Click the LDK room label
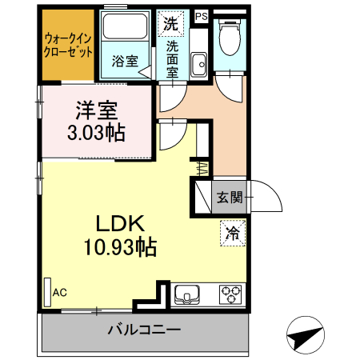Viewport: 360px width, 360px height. (120, 222)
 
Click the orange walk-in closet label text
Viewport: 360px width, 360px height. (68, 44)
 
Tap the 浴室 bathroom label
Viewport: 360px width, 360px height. (123, 61)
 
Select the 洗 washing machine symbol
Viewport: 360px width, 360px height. (171, 22)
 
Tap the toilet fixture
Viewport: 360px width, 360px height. (232, 34)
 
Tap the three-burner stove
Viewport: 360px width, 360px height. (230, 294)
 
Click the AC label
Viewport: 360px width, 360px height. (60, 294)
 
